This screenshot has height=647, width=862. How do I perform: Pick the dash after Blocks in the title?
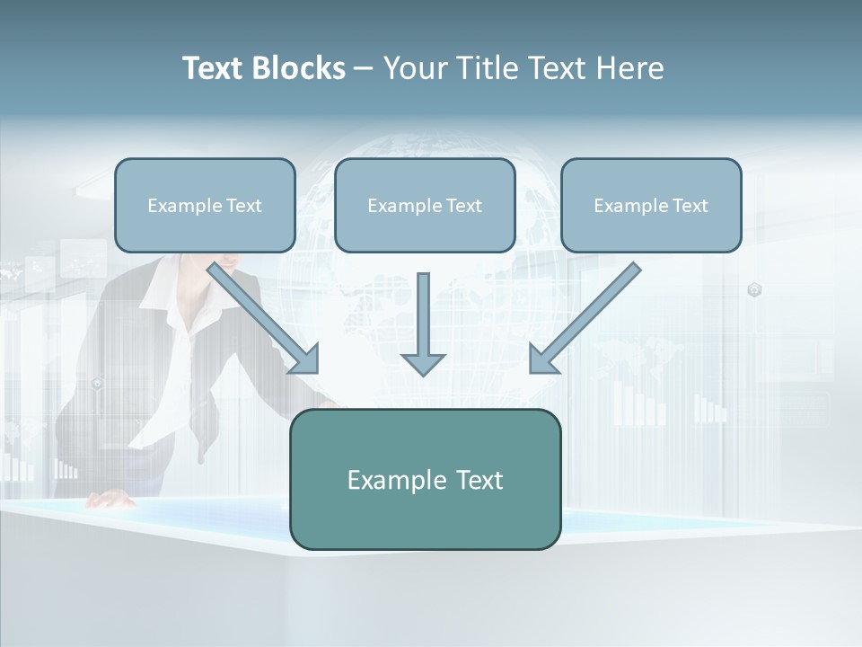pyautogui.click(x=364, y=69)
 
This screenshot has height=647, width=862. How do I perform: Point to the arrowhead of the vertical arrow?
pyautogui.click(x=423, y=364)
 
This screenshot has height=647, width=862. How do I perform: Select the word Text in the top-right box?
pyautogui.click(x=690, y=206)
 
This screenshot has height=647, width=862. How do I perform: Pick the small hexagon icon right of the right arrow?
pyautogui.click(x=754, y=289)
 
